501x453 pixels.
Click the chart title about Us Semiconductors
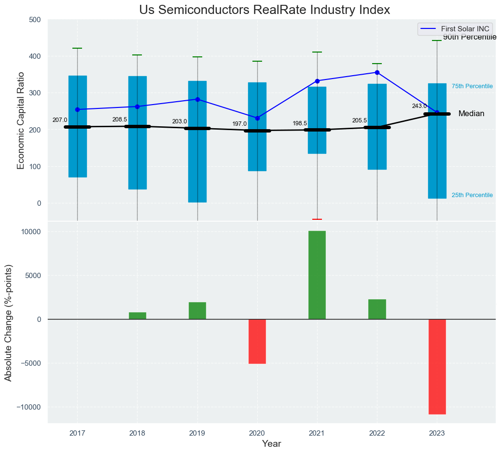[x=264, y=10]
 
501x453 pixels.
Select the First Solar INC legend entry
[x=456, y=29]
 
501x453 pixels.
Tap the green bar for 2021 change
[x=317, y=275]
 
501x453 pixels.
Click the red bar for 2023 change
[x=437, y=366]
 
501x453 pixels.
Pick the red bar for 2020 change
[x=257, y=341]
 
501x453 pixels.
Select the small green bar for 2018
[x=138, y=316]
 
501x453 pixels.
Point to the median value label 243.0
[x=419, y=106]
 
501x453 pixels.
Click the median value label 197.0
[x=239, y=124]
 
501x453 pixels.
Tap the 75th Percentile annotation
[x=472, y=86]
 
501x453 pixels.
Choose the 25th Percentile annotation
[x=472, y=195]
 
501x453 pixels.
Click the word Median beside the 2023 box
[x=471, y=114]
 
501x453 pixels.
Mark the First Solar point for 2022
[x=377, y=72]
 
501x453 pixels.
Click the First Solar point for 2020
[x=257, y=118]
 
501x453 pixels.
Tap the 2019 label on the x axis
[x=197, y=433]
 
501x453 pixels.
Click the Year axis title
[x=271, y=444]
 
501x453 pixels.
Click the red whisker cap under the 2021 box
[x=317, y=219]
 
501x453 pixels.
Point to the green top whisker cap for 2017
[x=77, y=48]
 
